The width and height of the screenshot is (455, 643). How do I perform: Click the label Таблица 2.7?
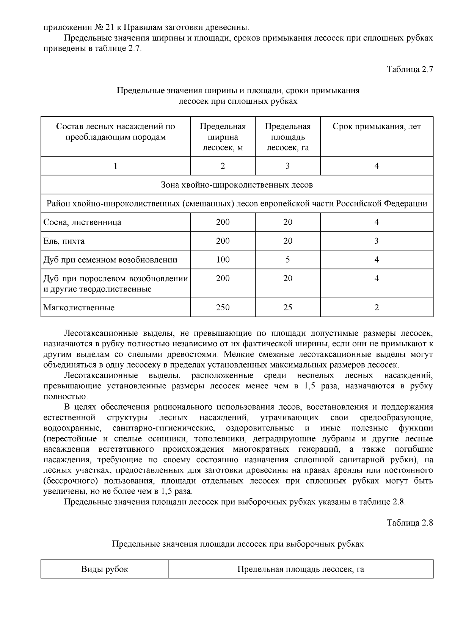[409, 69]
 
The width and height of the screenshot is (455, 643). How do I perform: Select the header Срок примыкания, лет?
[377, 127]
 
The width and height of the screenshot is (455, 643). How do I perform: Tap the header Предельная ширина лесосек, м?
[223, 137]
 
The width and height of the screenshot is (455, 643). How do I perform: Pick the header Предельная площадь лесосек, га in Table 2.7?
[287, 137]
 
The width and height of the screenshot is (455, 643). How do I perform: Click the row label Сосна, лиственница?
[82, 222]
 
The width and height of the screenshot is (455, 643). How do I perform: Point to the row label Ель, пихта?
[64, 241]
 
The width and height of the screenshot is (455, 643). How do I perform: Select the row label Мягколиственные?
[79, 308]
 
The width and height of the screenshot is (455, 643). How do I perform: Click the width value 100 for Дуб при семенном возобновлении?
[223, 260]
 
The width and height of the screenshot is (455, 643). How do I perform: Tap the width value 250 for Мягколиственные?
[223, 308]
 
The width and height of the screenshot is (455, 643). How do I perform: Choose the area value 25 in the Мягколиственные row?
[287, 308]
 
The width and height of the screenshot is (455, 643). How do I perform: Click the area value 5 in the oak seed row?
[287, 260]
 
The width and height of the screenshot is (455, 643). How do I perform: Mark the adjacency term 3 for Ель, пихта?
[377, 241]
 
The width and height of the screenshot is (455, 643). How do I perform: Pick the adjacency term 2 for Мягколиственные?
[377, 308]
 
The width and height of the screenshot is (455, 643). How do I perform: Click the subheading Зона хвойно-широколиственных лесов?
[237, 185]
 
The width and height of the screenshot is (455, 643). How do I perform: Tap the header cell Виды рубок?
[105, 569]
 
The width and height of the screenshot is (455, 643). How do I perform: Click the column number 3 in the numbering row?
[287, 166]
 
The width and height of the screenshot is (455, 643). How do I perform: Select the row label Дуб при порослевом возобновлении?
[116, 279]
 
